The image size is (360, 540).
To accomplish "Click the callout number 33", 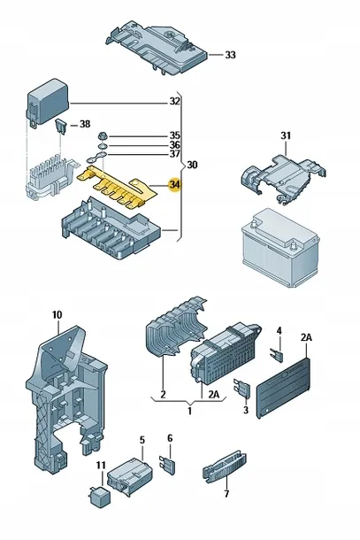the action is coord(230,55).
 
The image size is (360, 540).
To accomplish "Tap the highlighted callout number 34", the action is coord(174,185).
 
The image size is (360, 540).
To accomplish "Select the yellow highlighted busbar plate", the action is coord(117,188).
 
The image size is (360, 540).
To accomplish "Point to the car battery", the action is coord(280,248).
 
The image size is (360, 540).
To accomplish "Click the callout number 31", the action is coord(286,135).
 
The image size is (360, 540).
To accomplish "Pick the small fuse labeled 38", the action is coord(60,126).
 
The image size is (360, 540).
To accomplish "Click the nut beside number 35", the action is coord(102,135).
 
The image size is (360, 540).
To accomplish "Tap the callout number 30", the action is coord(192,165).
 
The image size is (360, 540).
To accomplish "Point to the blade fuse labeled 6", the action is coord(167,464).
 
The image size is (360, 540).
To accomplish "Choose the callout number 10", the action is coord(57,315).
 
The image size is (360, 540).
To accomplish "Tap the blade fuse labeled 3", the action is coord(241,389).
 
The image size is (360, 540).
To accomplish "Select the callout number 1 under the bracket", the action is coord(189,411).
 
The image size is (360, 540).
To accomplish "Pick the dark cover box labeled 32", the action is coord(48,103).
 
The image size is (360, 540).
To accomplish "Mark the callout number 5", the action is coord(142,440).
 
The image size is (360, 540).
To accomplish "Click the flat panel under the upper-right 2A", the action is coord(284,388).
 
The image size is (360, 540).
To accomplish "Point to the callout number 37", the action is coord(174,154).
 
